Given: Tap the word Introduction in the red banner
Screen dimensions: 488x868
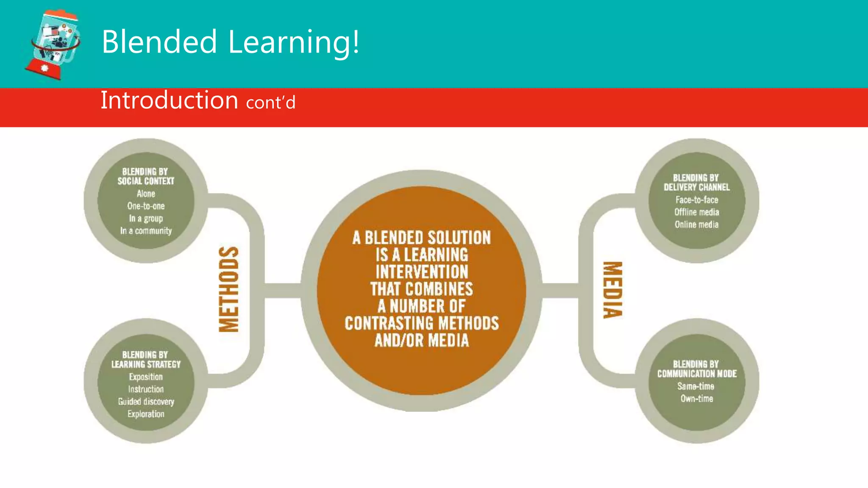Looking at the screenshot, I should click(169, 100).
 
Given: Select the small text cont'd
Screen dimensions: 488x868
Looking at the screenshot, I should click(270, 103).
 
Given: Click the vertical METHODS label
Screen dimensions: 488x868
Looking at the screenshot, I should click(229, 289).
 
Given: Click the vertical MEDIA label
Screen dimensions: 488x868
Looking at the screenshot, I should click(613, 290).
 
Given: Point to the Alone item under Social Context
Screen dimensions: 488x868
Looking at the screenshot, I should click(146, 194).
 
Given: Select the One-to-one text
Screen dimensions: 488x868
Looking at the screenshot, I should click(146, 206).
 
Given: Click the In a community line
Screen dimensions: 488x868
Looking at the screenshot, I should click(146, 231).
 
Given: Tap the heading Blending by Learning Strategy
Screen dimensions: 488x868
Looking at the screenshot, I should click(146, 360).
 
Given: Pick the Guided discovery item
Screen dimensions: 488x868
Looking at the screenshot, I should click(146, 402).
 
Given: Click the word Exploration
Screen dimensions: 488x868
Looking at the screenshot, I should click(146, 414).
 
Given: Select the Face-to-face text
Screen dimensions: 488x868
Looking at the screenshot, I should click(696, 200).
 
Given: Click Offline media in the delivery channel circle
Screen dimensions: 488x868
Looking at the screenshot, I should click(696, 212).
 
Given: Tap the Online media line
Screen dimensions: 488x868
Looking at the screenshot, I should click(696, 225).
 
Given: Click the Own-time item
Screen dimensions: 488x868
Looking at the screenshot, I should click(696, 399).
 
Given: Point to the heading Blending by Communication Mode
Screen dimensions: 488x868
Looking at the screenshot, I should click(696, 369).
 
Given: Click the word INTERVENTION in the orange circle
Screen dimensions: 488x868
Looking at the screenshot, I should click(422, 272).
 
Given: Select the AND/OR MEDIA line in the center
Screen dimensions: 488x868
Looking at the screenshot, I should click(422, 341).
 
